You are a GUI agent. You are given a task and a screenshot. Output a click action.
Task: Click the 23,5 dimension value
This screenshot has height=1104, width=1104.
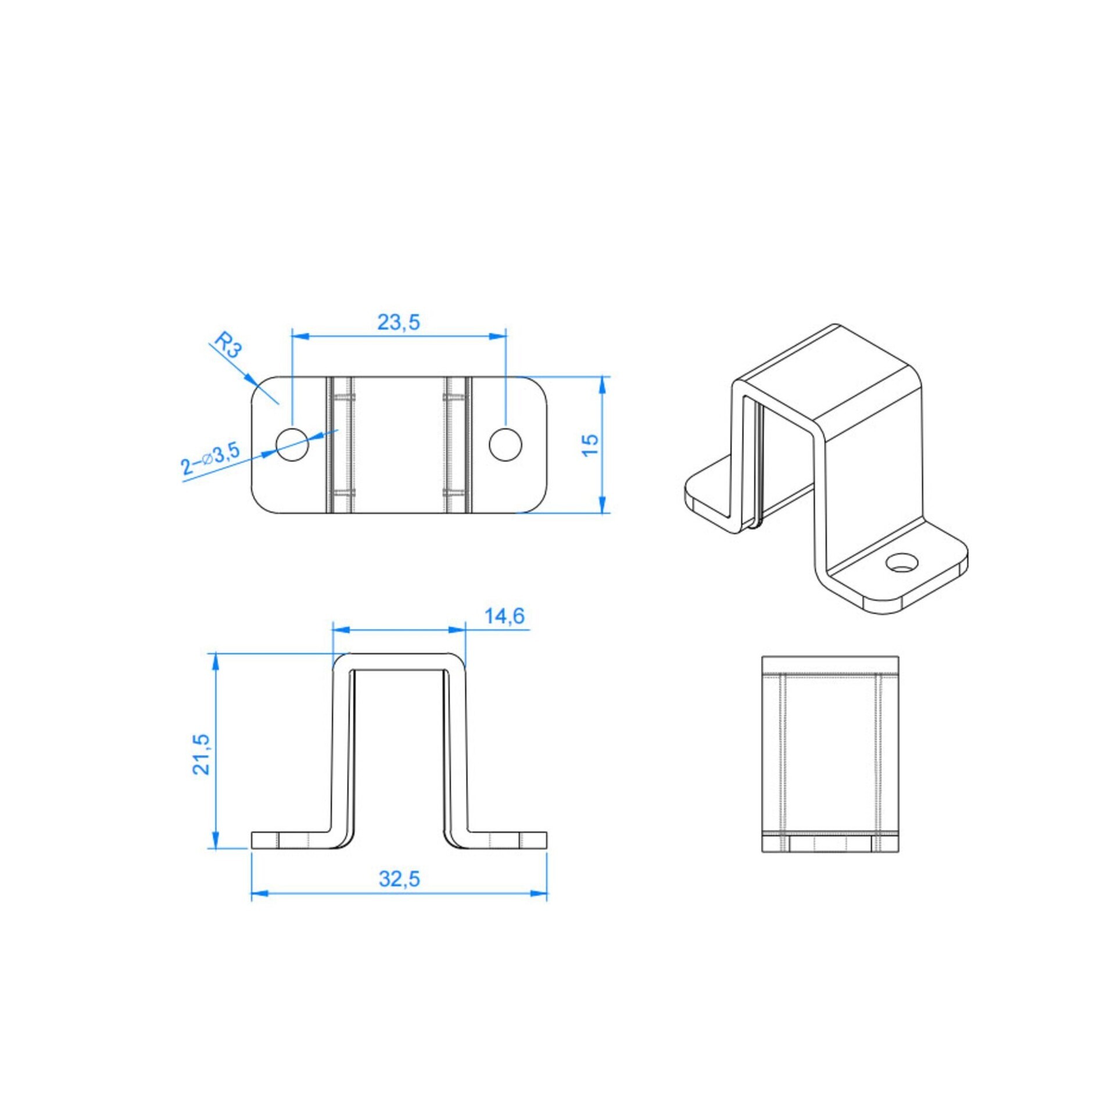398,322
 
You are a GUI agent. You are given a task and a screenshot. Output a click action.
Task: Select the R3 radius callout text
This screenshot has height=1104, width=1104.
227,344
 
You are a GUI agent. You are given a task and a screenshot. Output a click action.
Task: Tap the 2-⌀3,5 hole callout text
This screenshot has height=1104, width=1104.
210,459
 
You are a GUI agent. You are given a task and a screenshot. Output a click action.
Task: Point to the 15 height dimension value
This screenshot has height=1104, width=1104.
590,445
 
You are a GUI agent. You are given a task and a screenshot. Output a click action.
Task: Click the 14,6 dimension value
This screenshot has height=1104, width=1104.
504,616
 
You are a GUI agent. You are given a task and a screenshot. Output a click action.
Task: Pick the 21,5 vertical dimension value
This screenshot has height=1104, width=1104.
201,754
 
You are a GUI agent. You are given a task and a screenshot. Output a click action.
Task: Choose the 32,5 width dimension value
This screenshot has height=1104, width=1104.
399,880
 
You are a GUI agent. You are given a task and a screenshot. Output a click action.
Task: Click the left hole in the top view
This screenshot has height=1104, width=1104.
292,445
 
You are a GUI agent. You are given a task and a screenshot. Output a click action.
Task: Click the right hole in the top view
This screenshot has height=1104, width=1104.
506,445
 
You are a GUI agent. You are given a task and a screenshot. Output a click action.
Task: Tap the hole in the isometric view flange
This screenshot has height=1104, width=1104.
902,562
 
